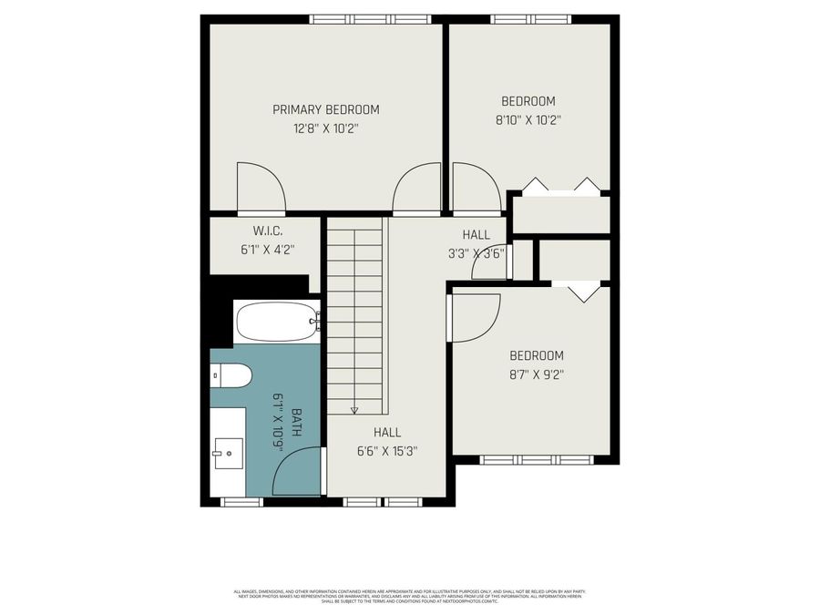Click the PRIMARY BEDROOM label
pyautogui.click(x=326, y=109)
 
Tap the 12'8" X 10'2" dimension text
pyautogui.click(x=326, y=129)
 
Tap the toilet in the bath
pyautogui.click(x=231, y=375)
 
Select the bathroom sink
pyautogui.click(x=228, y=452)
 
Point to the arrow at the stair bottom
pyautogui.click(x=355, y=409)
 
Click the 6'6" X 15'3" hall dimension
pyautogui.click(x=386, y=450)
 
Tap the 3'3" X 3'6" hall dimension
pyautogui.click(x=476, y=254)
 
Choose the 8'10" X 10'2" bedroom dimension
pyautogui.click(x=528, y=118)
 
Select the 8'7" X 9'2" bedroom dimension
pyautogui.click(x=536, y=373)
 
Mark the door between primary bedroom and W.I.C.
pyautogui.click(x=260, y=190)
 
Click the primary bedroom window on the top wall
pyautogui.click(x=368, y=18)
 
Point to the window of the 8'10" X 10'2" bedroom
pyautogui.click(x=530, y=18)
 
